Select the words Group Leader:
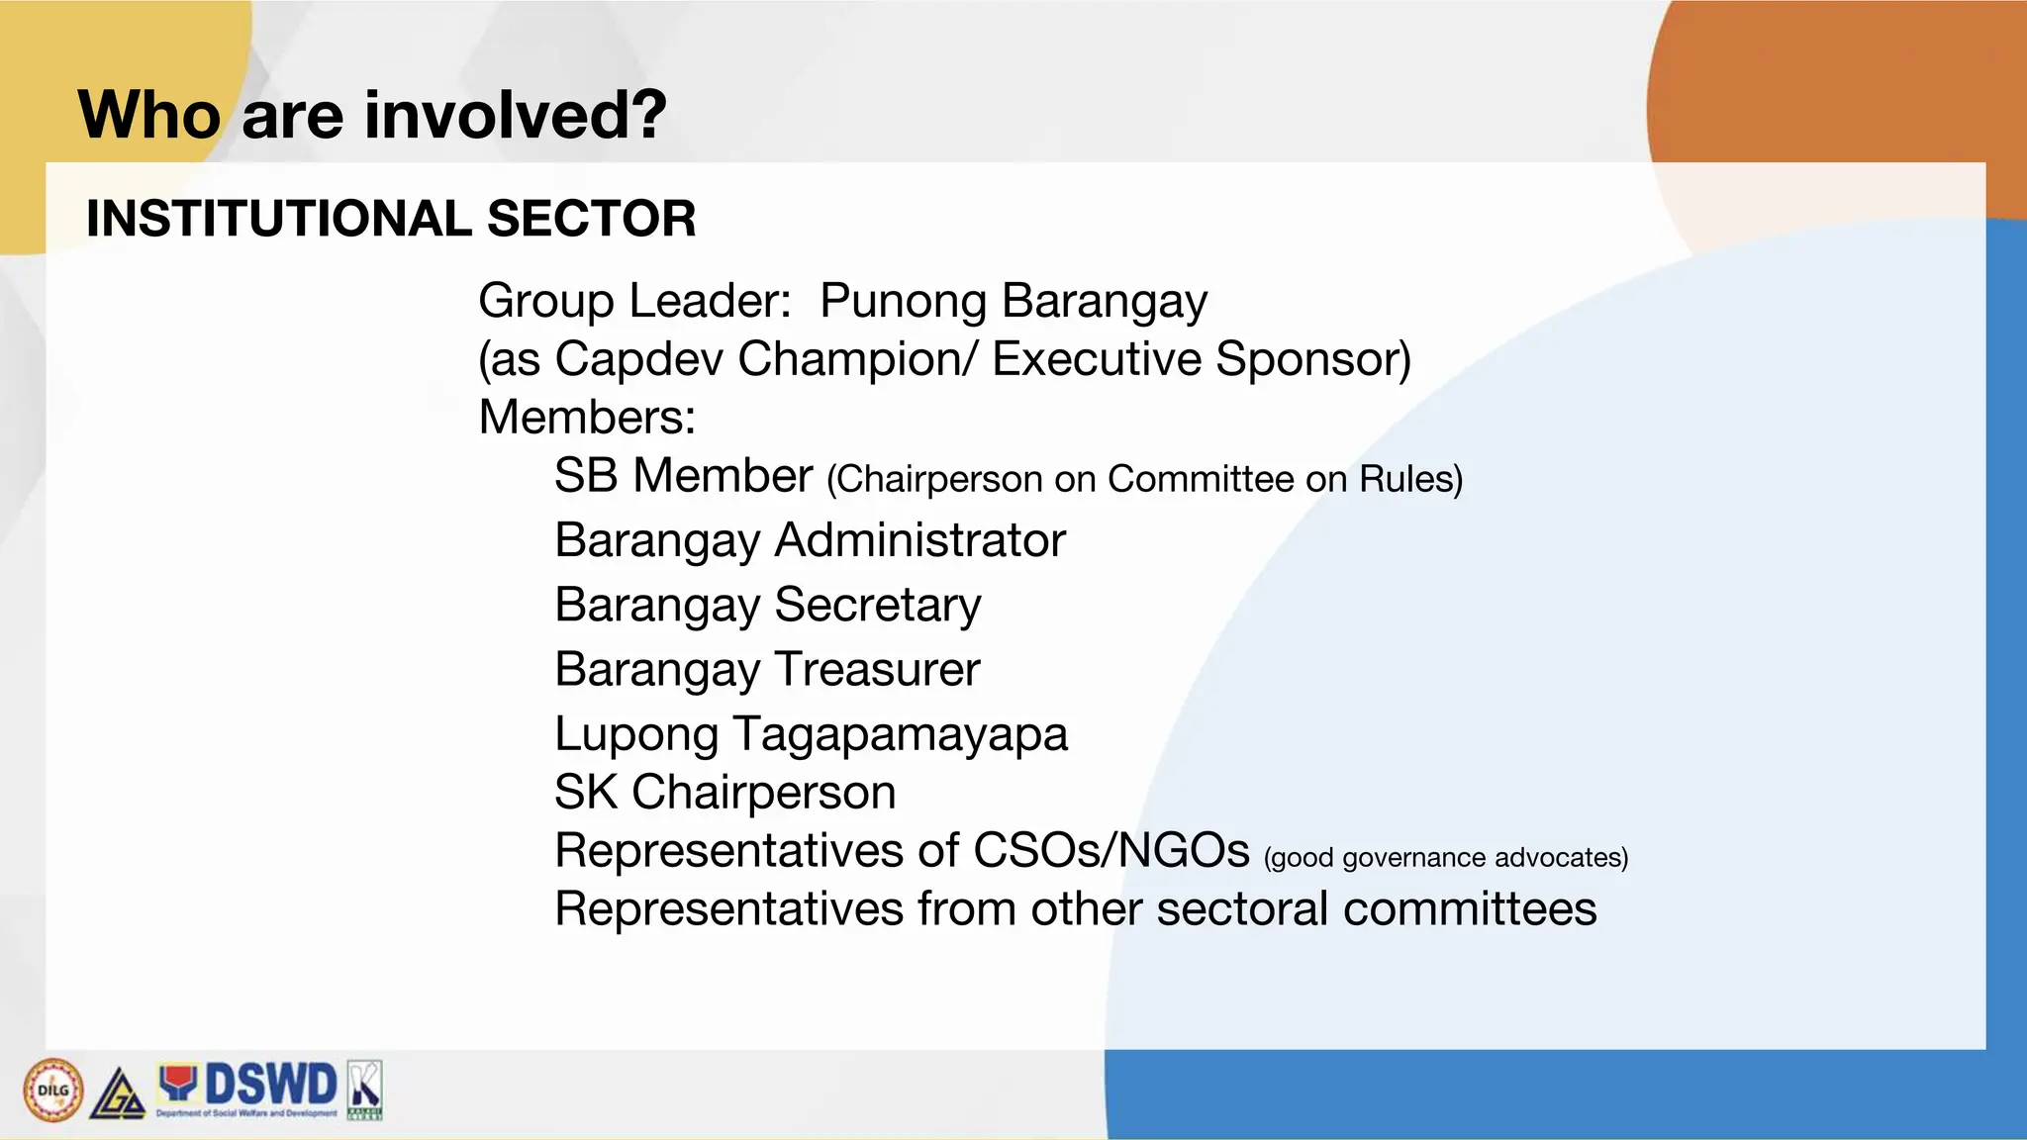pyautogui.click(x=634, y=301)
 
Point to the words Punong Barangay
pyautogui.click(x=1013, y=301)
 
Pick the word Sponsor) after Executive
pyautogui.click(x=1313, y=359)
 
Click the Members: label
pyautogui.click(x=587, y=418)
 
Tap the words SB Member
pyautogui.click(x=683, y=476)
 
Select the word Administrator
pyautogui.click(x=920, y=540)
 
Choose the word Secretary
pyautogui.click(x=878, y=605)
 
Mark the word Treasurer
pyautogui.click(x=875, y=670)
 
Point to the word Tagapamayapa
pyautogui.click(x=900, y=735)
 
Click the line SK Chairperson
pyautogui.click(x=724, y=793)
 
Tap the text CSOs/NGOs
pyautogui.click(x=1111, y=851)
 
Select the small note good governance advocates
pyautogui.click(x=1445, y=858)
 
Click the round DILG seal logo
pyautogui.click(x=53, y=1091)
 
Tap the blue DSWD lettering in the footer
pyautogui.click(x=270, y=1085)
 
